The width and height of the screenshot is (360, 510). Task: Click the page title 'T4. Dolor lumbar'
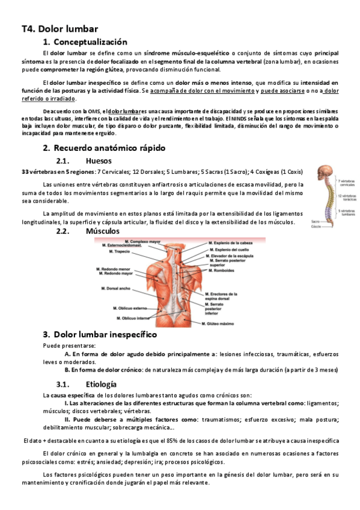(59, 28)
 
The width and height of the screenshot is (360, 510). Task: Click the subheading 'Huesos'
(99, 161)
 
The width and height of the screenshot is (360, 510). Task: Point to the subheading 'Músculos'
(103, 231)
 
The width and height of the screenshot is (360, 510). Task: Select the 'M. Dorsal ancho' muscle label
(118, 289)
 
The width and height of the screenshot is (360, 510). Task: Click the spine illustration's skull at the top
(325, 170)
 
